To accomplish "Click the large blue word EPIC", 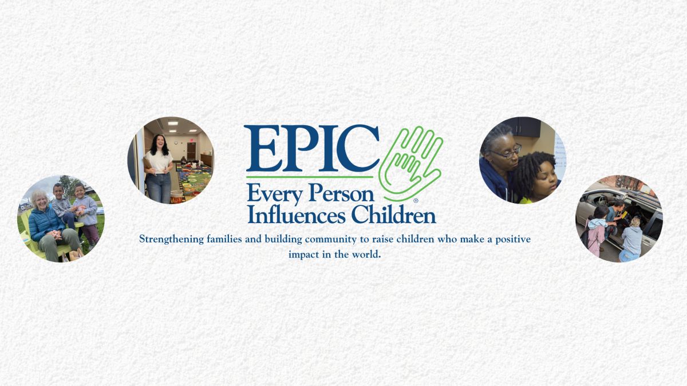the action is click(312, 149).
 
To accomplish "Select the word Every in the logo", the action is click(275, 195).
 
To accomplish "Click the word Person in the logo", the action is click(341, 193).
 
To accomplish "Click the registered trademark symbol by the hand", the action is click(416, 201).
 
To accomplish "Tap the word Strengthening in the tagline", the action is click(171, 240).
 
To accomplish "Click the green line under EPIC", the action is click(310, 177).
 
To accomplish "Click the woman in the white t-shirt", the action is click(159, 169).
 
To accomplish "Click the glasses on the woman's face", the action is click(509, 153).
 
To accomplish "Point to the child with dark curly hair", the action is click(538, 178).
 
